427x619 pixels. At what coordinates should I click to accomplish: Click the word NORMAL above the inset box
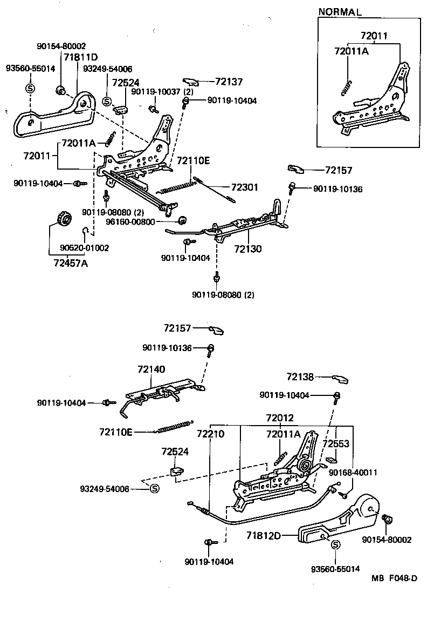pos(340,11)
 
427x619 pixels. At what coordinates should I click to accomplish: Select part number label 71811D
pos(81,57)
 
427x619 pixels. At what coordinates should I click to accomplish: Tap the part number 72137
pos(229,82)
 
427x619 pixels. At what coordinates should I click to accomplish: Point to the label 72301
pos(245,187)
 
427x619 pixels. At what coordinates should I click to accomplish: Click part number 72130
pos(247,250)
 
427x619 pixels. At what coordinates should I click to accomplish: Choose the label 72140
pos(151,369)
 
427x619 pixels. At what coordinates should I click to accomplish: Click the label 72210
pos(210,433)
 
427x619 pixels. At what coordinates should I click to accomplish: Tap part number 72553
pos(336,443)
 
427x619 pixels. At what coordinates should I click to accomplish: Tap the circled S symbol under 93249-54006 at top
pos(106,101)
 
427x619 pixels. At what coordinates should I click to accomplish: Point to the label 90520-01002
pos(85,248)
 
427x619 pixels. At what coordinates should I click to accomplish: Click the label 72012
pos(280,418)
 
